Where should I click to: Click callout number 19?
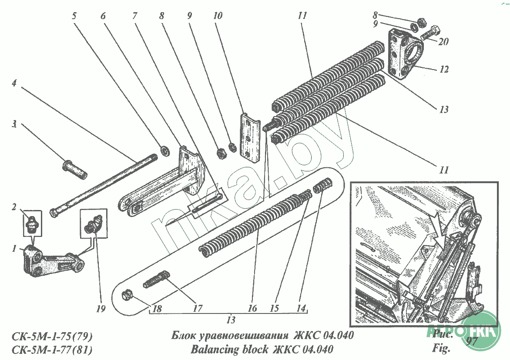pyautogui.click(x=101, y=310)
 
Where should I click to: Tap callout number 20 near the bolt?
pyautogui.click(x=444, y=42)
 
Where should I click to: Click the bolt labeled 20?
pyautogui.click(x=430, y=32)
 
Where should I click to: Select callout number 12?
pyautogui.click(x=444, y=69)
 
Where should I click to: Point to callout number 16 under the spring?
pyautogui.click(x=252, y=309)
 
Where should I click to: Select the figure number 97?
pyautogui.click(x=471, y=340)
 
